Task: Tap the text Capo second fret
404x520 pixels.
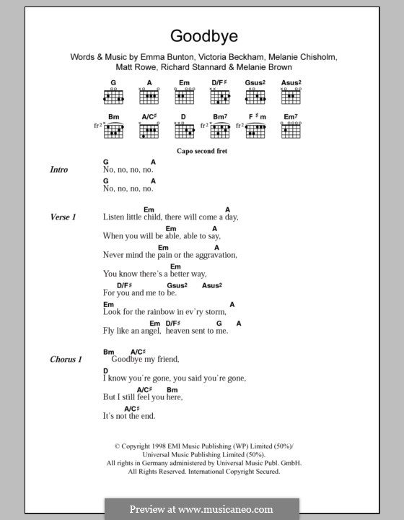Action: pyautogui.click(x=201, y=152)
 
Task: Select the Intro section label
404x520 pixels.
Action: pyautogui.click(x=59, y=170)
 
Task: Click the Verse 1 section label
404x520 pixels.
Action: pyautogui.click(x=63, y=217)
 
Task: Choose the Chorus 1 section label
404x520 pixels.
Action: pyautogui.click(x=66, y=359)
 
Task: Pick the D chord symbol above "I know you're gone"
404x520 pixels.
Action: pyautogui.click(x=105, y=370)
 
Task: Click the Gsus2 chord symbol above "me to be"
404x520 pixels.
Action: pyautogui.click(x=177, y=285)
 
